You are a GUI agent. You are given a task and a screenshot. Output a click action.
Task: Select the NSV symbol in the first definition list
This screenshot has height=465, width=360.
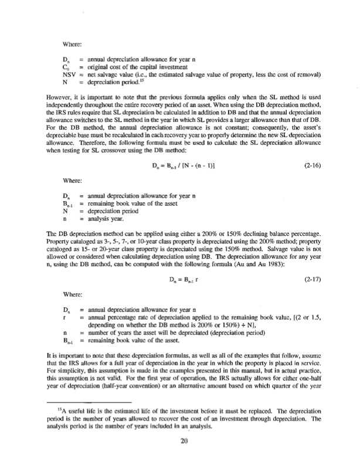(69, 74)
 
